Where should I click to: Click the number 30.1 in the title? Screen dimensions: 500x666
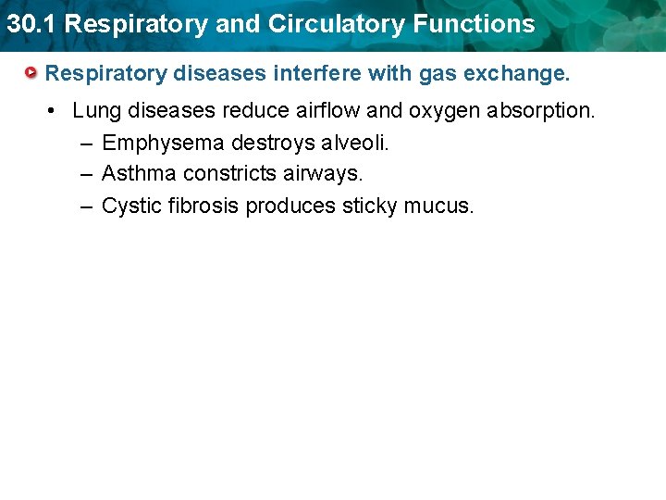(x=31, y=24)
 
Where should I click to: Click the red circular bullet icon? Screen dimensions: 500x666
(x=31, y=72)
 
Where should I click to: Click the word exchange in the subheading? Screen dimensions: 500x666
(x=522, y=72)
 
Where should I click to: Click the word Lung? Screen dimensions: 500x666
(x=97, y=111)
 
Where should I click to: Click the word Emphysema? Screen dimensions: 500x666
(x=163, y=143)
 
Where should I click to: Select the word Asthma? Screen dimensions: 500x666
(x=138, y=173)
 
